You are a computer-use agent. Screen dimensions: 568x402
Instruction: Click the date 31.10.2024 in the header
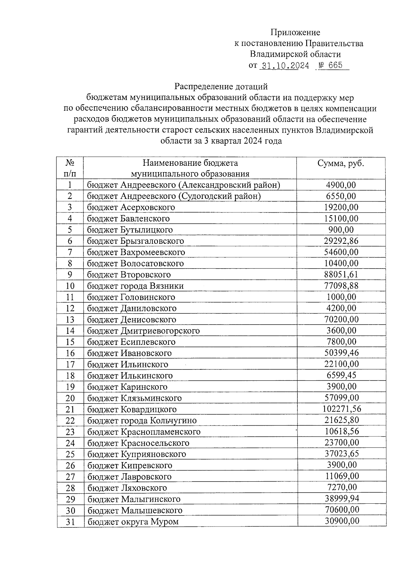(x=285, y=66)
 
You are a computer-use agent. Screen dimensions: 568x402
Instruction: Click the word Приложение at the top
(x=295, y=32)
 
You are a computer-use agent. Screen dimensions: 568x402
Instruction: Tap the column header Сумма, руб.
(x=341, y=163)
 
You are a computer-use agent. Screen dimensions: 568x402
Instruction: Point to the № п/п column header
(x=70, y=168)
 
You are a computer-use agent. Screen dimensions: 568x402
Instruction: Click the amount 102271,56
(x=342, y=409)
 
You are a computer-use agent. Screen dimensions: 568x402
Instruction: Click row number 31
(x=70, y=521)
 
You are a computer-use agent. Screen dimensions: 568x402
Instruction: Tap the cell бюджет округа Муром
(x=133, y=521)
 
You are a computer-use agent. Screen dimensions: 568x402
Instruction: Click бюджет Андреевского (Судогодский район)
(x=174, y=196)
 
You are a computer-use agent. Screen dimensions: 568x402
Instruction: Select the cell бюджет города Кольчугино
(x=142, y=420)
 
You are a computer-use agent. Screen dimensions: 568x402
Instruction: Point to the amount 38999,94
(x=342, y=499)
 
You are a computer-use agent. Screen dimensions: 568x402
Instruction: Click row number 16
(x=70, y=353)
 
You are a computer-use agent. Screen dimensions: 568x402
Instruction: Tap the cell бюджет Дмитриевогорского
(x=143, y=331)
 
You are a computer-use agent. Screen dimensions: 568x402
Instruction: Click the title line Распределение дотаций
(x=221, y=87)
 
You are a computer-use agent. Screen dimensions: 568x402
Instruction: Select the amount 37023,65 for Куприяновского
(x=342, y=454)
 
